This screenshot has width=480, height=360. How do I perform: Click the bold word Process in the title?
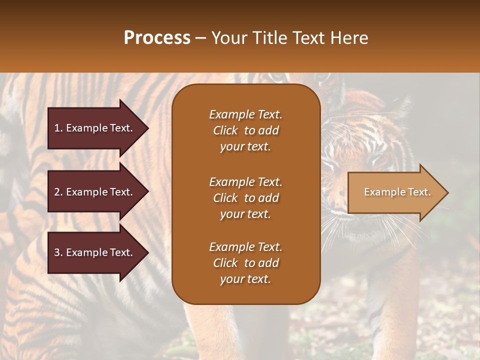tap(157, 38)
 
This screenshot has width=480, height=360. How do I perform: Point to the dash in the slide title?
tap(201, 38)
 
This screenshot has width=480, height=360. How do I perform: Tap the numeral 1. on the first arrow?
tap(58, 128)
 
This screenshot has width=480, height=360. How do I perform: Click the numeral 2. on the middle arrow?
tap(58, 192)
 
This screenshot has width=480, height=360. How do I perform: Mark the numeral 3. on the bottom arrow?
tap(58, 252)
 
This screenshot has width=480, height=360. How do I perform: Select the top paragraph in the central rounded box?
tap(245, 130)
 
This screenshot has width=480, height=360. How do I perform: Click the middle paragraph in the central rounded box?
tap(245, 198)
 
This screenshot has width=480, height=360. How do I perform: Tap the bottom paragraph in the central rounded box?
tap(245, 263)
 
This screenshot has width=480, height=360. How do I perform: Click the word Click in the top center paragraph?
tap(225, 130)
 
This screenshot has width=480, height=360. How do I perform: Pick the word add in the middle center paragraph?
tap(268, 198)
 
